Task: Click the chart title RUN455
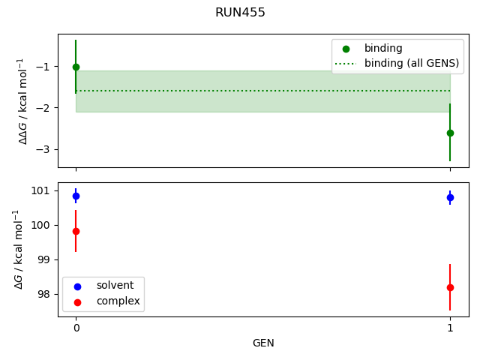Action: pyautogui.click(x=240, y=13)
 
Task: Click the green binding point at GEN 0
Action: pyautogui.click(x=76, y=67)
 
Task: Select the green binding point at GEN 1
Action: pyautogui.click(x=450, y=133)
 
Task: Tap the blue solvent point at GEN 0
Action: pyautogui.click(x=76, y=196)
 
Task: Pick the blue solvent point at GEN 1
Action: pyautogui.click(x=450, y=197)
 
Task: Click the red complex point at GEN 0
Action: pyautogui.click(x=76, y=231)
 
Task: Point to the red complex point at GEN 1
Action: pyautogui.click(x=450, y=287)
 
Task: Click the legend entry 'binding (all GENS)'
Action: pyautogui.click(x=411, y=63)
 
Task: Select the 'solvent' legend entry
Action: pyautogui.click(x=115, y=286)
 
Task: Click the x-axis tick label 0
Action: pyautogui.click(x=76, y=328)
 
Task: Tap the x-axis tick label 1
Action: pyautogui.click(x=450, y=328)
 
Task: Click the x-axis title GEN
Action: pyautogui.click(x=263, y=343)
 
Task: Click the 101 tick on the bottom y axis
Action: pyautogui.click(x=43, y=190)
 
